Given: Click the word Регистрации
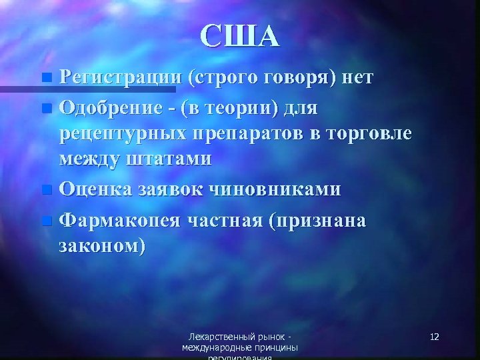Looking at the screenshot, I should coord(117,78).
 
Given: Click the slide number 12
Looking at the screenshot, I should coord(434,337).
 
